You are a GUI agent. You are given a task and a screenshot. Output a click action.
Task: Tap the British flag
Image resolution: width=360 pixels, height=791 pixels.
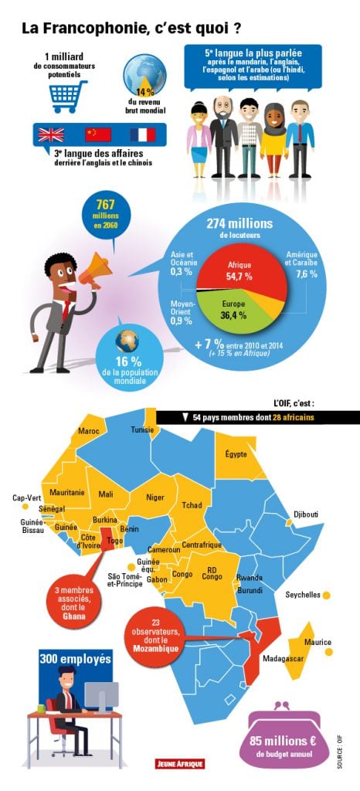pyautogui.click(x=51, y=135)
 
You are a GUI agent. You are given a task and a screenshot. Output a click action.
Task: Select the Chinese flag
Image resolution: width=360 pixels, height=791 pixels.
pyautogui.click(x=97, y=135)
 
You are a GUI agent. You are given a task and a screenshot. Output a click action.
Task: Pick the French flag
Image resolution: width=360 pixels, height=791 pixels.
pyautogui.click(x=143, y=135)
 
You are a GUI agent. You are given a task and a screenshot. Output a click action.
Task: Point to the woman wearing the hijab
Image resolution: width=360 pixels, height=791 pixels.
pyautogui.click(x=273, y=135)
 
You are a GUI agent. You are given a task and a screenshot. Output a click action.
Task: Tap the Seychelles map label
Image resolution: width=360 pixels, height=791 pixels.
pyautogui.click(x=303, y=595)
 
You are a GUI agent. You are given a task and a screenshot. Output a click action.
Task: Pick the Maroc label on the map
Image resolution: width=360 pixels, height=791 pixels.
pyautogui.click(x=89, y=452)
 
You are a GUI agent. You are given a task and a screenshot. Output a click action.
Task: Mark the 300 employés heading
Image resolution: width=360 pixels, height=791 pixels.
pyautogui.click(x=75, y=660)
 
